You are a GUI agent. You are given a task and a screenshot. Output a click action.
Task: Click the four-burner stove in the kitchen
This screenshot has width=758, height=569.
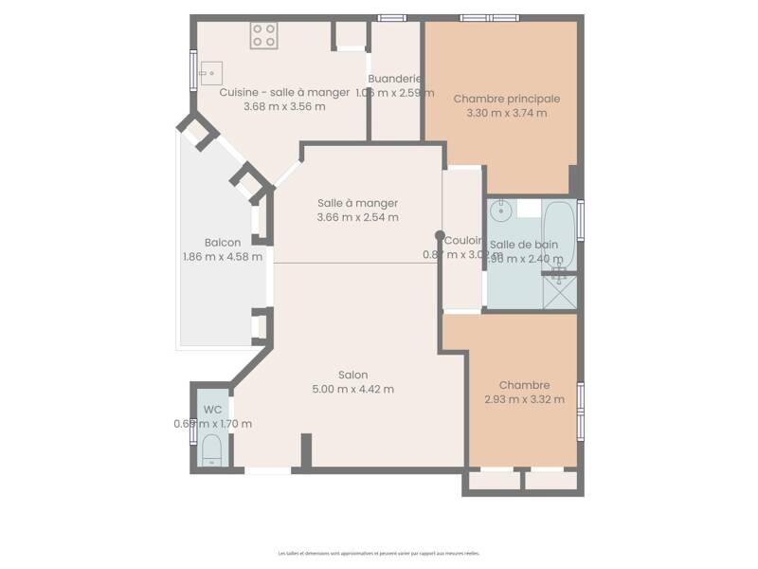(264, 36)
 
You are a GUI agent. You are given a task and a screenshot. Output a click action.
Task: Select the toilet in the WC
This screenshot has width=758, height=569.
(211, 450)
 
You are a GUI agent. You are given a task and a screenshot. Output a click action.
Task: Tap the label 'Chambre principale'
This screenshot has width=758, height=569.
(506, 99)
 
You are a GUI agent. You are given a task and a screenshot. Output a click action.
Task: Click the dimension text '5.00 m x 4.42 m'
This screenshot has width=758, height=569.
(352, 389)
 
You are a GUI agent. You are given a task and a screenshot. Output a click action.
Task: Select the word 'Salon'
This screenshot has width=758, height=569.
(352, 375)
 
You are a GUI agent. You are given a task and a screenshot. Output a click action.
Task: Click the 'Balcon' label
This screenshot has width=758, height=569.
(222, 242)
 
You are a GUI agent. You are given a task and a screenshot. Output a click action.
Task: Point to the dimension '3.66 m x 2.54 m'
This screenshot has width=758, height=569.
(357, 217)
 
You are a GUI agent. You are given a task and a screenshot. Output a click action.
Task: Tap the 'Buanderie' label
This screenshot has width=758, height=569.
(394, 79)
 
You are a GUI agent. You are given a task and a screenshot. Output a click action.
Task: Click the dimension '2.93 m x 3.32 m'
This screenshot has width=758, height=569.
(524, 399)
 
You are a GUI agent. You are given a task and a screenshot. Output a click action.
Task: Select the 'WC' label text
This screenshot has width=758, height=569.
(212, 410)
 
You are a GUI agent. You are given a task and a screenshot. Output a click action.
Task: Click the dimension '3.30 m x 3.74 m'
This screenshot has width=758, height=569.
(506, 113)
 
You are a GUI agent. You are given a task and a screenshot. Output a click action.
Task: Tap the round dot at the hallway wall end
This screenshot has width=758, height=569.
(440, 235)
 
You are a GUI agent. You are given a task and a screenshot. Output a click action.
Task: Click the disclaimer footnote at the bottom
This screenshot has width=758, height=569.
(378, 553)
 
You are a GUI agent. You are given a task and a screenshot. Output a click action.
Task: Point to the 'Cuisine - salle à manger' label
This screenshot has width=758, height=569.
(283, 92)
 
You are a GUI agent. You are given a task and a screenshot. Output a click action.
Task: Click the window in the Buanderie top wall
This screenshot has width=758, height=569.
(392, 17)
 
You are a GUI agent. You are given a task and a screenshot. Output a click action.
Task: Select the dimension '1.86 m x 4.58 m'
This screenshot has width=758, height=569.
(222, 256)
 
